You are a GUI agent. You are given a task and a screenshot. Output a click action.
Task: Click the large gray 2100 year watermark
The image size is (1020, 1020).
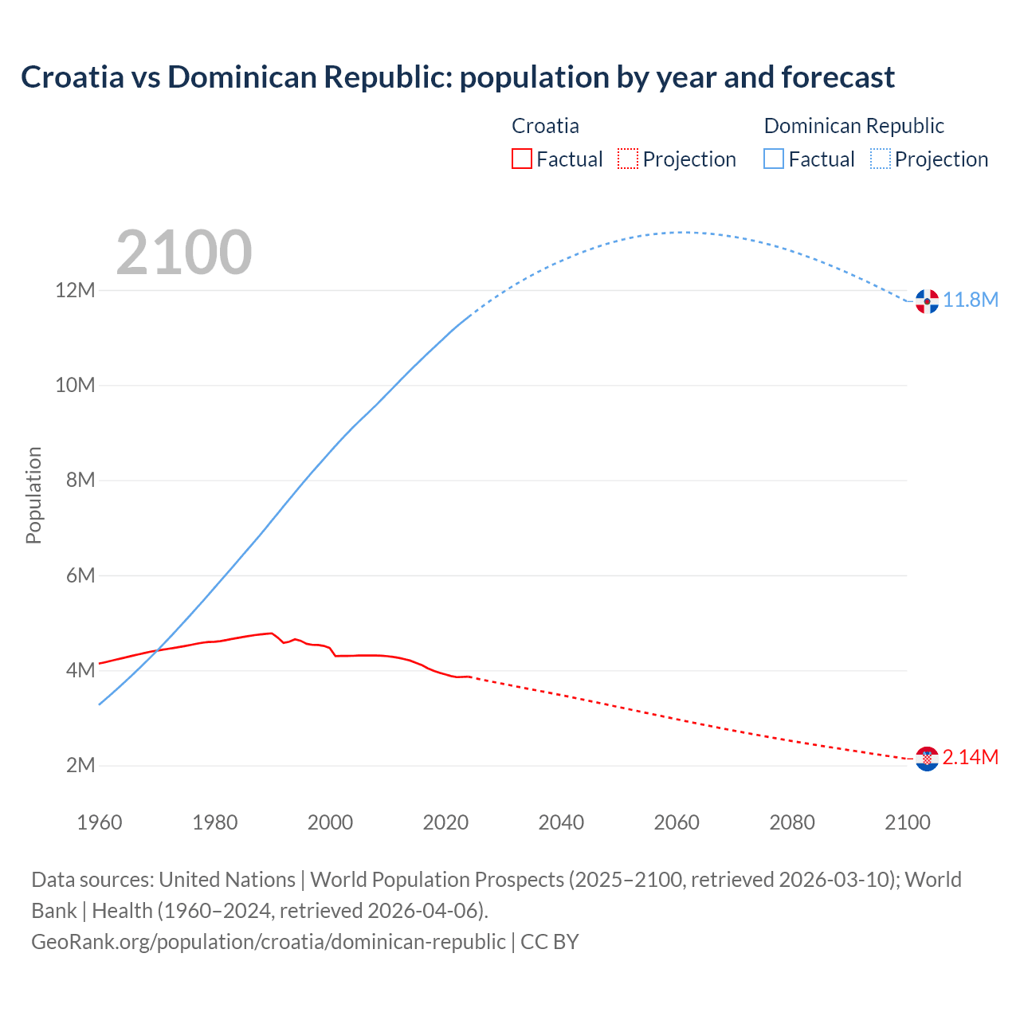click(184, 253)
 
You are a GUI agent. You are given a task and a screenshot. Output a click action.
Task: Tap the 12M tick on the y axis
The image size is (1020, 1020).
click(75, 290)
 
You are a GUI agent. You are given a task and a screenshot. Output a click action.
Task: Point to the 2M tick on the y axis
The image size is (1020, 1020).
click(80, 766)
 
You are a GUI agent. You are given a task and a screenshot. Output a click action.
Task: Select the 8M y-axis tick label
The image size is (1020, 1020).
click(80, 481)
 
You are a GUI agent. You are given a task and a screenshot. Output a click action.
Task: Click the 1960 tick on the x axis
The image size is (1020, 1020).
click(100, 822)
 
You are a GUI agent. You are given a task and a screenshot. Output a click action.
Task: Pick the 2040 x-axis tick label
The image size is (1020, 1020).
click(561, 822)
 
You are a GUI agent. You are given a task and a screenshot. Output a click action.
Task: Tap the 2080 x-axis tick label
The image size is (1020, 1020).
click(792, 822)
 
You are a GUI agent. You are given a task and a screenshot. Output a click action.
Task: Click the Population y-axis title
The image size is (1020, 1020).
click(33, 495)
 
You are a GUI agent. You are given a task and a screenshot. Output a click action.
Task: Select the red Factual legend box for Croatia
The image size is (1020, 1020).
click(522, 159)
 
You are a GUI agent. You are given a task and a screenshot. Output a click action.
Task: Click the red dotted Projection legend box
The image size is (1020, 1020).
click(628, 159)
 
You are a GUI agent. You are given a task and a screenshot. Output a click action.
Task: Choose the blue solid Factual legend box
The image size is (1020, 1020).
click(774, 159)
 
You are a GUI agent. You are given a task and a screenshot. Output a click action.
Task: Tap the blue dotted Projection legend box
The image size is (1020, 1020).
click(880, 159)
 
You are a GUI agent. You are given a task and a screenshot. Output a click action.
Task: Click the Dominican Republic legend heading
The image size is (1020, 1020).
click(853, 126)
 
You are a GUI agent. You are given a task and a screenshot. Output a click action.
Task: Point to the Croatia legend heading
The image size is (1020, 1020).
click(545, 126)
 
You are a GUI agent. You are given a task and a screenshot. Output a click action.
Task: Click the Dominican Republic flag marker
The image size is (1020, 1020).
click(927, 301)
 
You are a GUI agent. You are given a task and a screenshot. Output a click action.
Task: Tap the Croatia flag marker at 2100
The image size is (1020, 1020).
click(927, 759)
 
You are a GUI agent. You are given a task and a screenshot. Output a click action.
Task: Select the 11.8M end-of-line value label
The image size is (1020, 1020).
click(971, 300)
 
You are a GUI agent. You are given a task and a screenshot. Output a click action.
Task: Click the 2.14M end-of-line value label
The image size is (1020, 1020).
click(970, 758)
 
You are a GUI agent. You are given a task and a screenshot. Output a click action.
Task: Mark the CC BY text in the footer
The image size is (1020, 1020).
click(549, 942)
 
